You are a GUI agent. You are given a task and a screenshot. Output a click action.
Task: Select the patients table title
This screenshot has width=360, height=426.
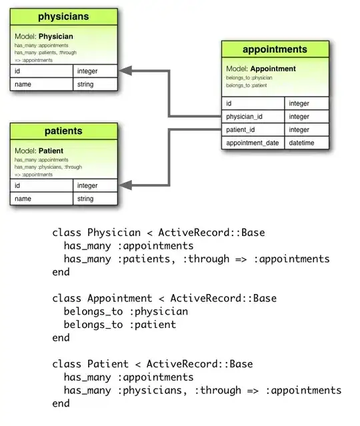64,131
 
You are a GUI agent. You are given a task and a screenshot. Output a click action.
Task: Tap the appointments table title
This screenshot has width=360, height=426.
275,49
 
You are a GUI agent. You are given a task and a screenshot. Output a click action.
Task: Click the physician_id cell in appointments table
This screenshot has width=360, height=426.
253,117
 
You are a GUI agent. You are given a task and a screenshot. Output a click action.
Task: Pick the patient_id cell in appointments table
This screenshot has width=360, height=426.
253,130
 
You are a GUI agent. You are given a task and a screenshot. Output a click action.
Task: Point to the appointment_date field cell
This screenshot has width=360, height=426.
253,143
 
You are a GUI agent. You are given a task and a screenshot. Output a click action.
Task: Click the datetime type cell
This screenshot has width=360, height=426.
306,143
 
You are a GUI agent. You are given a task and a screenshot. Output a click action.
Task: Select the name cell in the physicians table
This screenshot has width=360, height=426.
41,85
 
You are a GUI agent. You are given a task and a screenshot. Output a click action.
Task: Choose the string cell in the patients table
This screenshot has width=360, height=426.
95,199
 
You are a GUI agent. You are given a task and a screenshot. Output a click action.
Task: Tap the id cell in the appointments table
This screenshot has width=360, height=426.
253,103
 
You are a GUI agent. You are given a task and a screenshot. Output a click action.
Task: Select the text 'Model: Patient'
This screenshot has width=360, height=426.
39,151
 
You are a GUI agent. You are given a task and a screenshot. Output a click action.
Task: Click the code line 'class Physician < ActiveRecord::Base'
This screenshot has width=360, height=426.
159,233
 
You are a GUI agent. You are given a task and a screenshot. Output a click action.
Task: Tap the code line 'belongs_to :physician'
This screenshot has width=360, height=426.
125,311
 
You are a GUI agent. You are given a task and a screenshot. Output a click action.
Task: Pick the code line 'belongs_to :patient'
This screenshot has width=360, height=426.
120,325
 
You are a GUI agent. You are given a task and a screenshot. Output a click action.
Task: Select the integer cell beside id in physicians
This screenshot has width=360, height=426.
95,71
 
